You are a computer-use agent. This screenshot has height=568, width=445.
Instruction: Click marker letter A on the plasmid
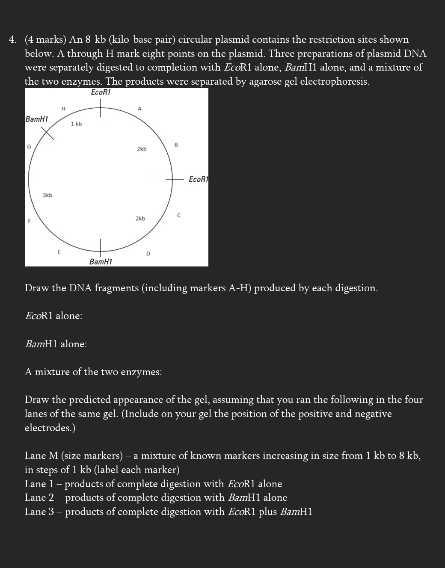[139, 109]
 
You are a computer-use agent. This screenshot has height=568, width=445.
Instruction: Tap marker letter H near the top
[63, 109]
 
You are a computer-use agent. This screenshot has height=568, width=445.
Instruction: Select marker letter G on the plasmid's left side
[29, 146]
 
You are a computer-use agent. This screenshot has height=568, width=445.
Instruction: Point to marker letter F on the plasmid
[29, 221]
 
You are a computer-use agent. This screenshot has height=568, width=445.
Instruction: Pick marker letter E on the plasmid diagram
[59, 252]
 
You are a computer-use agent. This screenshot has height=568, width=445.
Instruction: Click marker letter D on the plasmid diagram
[148, 254]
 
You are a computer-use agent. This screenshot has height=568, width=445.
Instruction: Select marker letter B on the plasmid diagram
[176, 145]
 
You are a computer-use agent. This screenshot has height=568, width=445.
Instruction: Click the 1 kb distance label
[77, 124]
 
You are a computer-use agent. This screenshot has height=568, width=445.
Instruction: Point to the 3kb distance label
[47, 195]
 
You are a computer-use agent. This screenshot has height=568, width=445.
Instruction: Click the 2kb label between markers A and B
[142, 149]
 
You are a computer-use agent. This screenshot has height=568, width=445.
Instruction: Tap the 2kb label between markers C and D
[140, 219]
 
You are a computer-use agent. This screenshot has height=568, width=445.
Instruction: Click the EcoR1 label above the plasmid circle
[101, 92]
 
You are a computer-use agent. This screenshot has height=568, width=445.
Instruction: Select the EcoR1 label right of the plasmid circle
[198, 179]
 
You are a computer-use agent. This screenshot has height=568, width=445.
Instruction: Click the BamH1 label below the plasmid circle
[101, 261]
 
